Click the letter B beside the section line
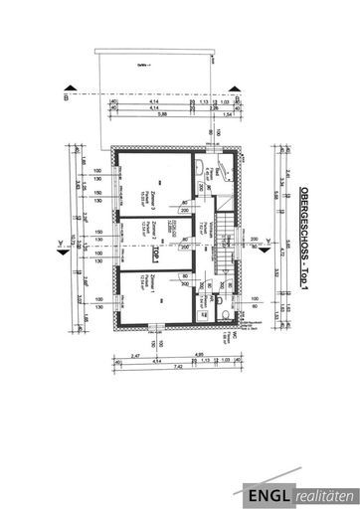point(66,96)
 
